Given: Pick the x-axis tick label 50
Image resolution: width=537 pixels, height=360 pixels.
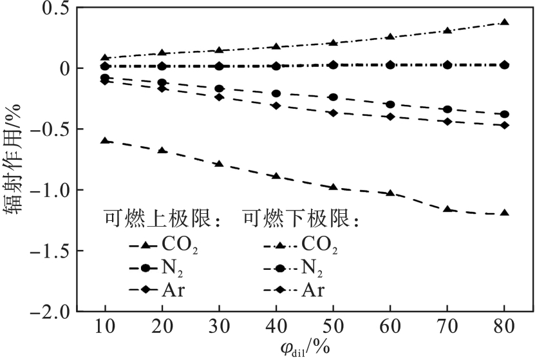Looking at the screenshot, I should pyautogui.click(x=332, y=327).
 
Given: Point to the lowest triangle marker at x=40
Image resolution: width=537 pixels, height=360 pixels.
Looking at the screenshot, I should pyautogui.click(x=276, y=176).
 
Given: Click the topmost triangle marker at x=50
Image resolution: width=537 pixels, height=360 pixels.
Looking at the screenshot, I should pyautogui.click(x=333, y=43).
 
